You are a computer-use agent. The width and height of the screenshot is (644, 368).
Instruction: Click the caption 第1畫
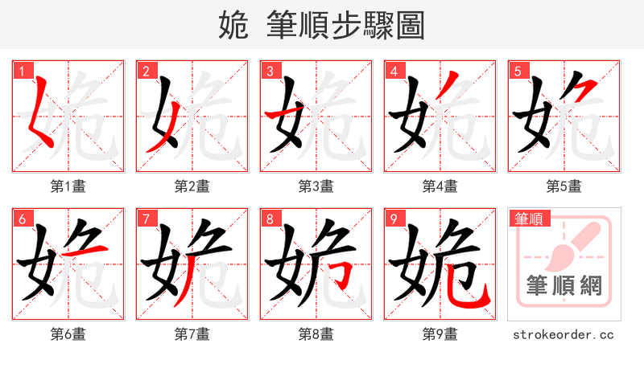[x=68, y=186]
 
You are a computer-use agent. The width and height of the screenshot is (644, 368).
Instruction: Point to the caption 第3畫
[x=316, y=186]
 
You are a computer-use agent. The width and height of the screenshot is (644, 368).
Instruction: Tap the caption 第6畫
[x=68, y=333]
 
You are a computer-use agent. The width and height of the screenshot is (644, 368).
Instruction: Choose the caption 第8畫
[x=316, y=333]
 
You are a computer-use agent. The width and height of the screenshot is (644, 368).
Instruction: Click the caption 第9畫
[x=440, y=333]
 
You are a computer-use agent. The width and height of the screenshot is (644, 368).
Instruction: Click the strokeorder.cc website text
[x=563, y=333]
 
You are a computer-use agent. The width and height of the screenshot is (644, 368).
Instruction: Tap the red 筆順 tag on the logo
[x=528, y=218]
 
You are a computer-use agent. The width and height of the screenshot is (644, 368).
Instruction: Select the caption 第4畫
[x=440, y=186]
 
